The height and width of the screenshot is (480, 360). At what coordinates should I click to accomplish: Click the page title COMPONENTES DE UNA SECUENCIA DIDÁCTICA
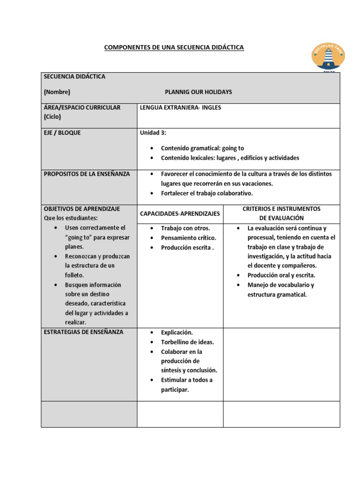173,47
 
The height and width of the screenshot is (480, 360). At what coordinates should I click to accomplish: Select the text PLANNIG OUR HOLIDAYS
198,92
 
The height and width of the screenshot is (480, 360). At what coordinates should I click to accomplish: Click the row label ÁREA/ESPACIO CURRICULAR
82,107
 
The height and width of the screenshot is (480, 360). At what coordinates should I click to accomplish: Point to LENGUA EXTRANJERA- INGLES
180,107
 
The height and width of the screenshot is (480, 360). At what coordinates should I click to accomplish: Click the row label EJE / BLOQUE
62,133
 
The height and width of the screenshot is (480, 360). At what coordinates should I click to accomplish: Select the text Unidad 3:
153,133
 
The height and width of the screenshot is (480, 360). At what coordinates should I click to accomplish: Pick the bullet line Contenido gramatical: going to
202,148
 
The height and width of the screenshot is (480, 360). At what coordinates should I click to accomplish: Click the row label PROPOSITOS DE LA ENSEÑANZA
87,174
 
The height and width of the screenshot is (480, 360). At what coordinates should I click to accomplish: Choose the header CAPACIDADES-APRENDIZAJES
180,214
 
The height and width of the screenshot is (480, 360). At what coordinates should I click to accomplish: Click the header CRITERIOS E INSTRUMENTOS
281,209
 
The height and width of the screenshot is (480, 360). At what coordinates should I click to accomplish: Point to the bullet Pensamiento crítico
188,238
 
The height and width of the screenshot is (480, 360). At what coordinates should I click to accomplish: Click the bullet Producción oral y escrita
281,275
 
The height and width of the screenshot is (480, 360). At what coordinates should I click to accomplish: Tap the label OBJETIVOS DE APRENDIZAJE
82,209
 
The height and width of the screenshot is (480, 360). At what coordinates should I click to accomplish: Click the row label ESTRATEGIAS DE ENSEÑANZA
83,332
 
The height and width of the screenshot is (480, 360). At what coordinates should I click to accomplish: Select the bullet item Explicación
177,332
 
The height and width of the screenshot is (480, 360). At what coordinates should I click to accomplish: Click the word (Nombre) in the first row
57,92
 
